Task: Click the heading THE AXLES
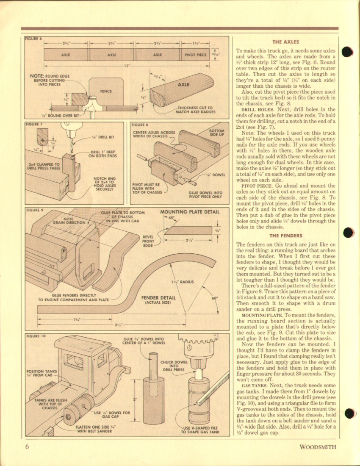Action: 285,42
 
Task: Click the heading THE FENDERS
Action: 285,236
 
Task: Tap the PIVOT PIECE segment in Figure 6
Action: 195,55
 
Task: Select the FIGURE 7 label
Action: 34,125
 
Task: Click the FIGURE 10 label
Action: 35,336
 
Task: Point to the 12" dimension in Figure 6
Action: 127,66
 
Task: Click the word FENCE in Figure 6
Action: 105,91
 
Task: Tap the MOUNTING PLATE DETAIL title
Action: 190,212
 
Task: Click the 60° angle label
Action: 214,298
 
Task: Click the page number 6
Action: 27,447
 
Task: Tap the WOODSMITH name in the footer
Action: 318,447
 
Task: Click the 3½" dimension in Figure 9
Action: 119,325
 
